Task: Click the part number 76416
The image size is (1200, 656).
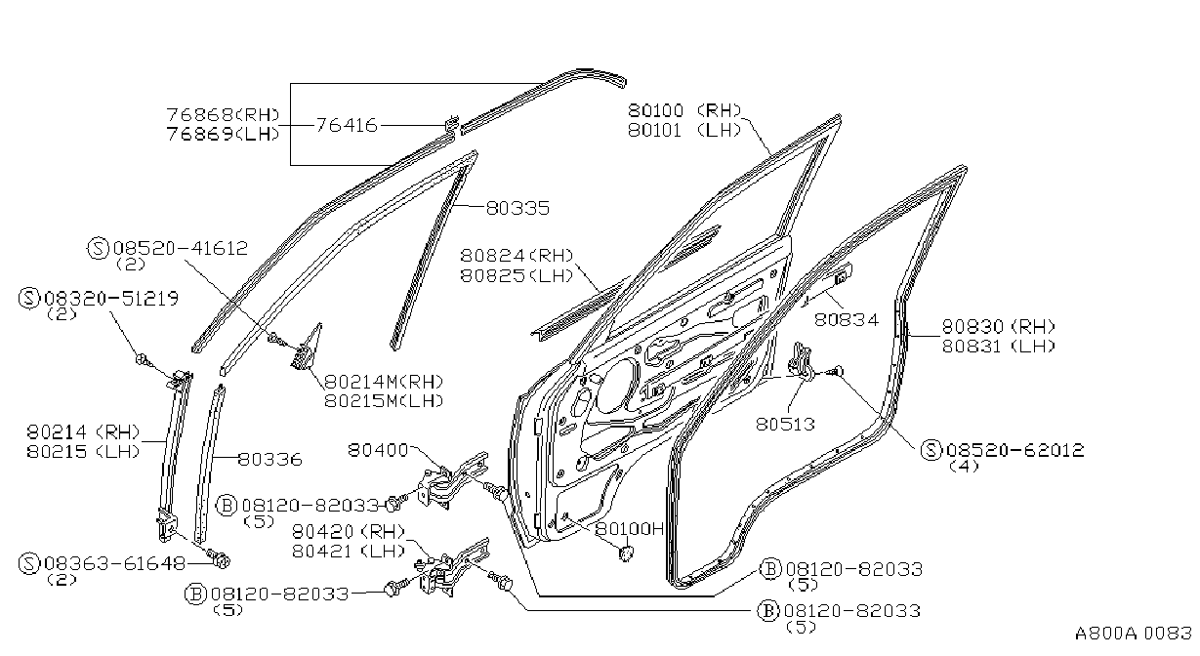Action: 347,125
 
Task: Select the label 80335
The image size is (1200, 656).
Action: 517,208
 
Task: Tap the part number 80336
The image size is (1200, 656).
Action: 270,459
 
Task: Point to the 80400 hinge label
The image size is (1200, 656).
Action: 378,449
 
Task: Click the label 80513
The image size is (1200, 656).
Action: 785,424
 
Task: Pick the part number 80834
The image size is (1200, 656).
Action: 847,319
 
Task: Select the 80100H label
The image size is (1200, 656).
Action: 630,528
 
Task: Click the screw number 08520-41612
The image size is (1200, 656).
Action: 181,248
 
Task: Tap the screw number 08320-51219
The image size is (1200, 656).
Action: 111,298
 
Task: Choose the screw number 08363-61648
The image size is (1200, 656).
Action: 114,563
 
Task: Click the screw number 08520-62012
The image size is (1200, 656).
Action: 1015,450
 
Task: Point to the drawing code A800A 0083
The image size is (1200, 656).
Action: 1134,633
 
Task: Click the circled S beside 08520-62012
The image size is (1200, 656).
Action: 931,450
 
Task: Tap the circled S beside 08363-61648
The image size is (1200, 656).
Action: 29,563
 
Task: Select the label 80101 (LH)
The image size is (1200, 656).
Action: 684,130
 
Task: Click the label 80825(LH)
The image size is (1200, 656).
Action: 517,275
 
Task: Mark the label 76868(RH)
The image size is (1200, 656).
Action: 223,114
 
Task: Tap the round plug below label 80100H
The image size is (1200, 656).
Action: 626,553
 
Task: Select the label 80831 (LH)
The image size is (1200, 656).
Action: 999,346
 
